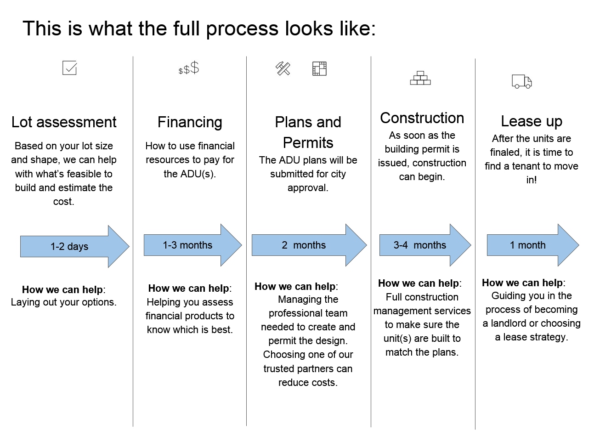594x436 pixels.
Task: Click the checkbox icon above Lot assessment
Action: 70,68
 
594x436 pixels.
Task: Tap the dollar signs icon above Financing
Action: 188,68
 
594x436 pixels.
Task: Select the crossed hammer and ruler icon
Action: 283,68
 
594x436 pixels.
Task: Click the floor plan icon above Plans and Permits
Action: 319,68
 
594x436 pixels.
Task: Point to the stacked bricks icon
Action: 420,78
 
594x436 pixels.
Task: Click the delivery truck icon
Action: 521,81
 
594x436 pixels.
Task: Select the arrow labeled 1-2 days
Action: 75,246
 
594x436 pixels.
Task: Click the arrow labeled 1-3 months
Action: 193,245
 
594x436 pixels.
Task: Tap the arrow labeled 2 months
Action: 309,245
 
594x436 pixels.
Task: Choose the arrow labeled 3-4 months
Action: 425,245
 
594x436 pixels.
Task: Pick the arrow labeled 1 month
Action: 533,245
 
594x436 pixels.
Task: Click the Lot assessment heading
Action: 64,122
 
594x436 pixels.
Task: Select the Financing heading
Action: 190,122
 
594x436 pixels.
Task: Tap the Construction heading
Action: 422,118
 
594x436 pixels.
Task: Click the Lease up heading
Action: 532,121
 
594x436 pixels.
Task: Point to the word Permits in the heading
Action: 308,143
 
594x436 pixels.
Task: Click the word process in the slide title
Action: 243,28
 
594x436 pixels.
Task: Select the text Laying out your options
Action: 64,302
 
